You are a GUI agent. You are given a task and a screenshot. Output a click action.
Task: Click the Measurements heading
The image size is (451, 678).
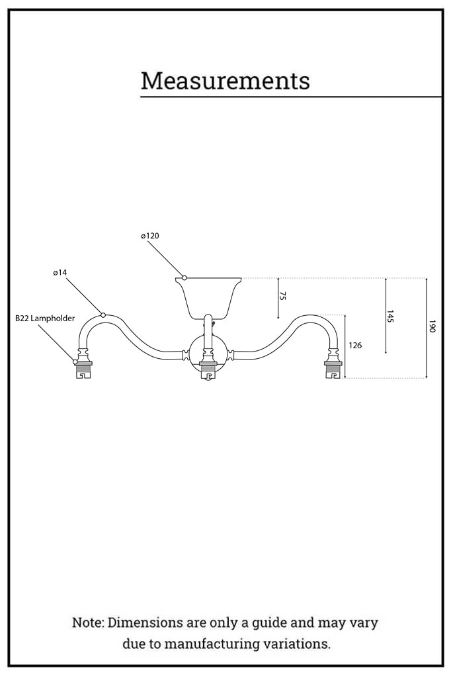225,81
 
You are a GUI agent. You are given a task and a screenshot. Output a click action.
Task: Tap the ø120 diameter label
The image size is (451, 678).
150,236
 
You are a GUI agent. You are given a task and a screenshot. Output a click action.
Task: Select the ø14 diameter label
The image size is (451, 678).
60,273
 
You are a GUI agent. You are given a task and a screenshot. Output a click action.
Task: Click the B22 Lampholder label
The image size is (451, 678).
45,318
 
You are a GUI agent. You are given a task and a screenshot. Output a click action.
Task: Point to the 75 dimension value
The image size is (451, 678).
283,296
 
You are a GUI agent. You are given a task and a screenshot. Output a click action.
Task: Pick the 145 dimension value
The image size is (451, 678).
391,316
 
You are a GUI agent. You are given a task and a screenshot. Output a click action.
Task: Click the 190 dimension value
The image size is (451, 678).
432,326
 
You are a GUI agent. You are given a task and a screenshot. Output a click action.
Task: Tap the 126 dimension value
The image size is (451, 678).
355,346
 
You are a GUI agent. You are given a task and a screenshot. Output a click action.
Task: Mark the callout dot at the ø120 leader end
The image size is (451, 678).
184,278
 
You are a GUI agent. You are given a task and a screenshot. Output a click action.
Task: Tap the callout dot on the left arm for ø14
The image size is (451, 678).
103,315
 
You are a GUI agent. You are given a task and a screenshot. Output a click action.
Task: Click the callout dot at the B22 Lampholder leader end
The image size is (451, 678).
75,362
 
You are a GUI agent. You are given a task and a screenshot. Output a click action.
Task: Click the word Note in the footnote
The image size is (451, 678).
87,623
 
